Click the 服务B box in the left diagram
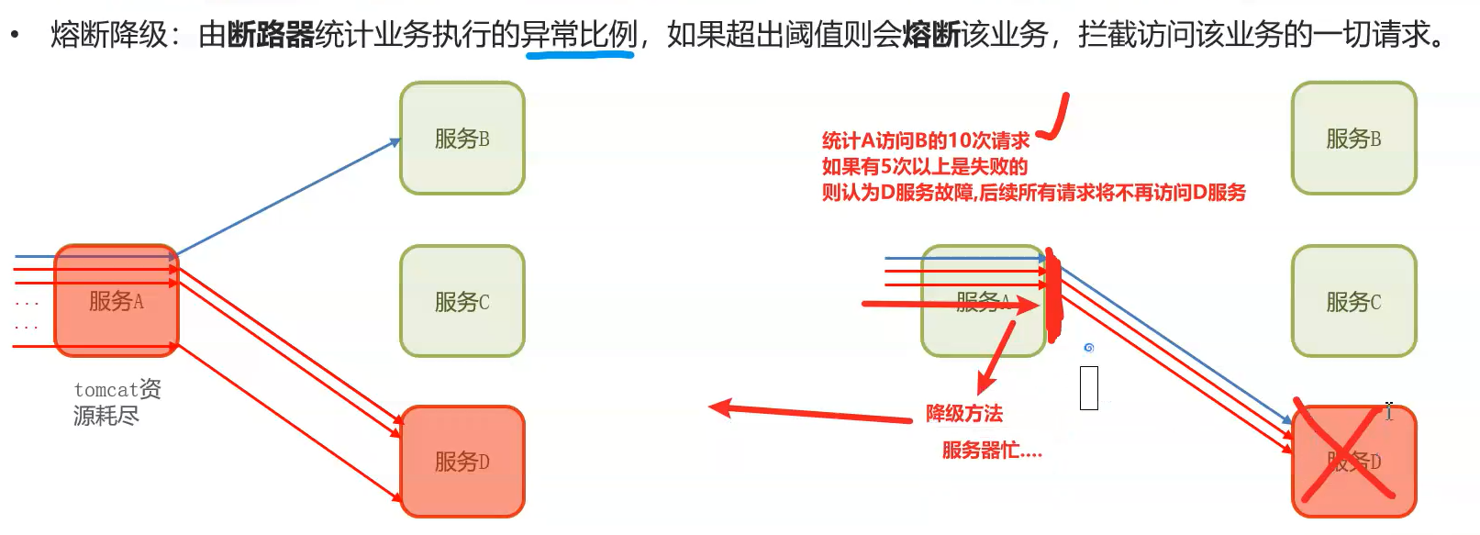point(462,139)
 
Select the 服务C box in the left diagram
point(462,301)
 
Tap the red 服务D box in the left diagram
point(462,461)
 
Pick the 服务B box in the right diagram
point(1353,139)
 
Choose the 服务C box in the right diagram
point(1353,301)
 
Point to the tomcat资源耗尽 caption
point(117,402)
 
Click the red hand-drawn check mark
point(1056,117)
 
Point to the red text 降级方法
point(963,414)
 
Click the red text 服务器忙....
point(991,451)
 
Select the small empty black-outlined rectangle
point(1089,387)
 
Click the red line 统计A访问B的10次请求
point(925,140)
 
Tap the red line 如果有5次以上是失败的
point(924,166)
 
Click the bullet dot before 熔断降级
point(15,35)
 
